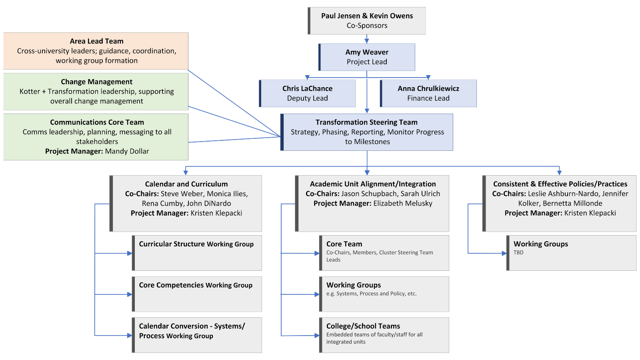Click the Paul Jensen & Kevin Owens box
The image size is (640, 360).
(x=366, y=21)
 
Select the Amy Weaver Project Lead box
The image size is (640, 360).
(x=366, y=57)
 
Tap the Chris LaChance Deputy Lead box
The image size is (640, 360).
(x=307, y=94)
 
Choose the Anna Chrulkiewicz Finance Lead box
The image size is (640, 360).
(x=428, y=94)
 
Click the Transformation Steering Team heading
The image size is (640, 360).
(x=366, y=122)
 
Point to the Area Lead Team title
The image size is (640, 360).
(x=96, y=41)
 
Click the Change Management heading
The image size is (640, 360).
(x=96, y=82)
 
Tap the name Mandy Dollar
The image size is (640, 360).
(x=127, y=151)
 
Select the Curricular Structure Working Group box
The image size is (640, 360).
(x=197, y=253)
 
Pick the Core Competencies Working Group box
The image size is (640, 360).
(x=197, y=294)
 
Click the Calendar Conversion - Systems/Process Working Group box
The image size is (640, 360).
(x=197, y=335)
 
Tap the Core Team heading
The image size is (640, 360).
(x=344, y=244)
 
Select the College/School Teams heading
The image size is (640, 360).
(x=363, y=326)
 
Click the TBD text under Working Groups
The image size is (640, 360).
(x=518, y=252)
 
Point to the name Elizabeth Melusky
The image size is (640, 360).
(x=402, y=204)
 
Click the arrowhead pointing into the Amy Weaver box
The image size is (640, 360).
(x=366, y=41)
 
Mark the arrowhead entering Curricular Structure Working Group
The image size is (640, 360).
(x=130, y=253)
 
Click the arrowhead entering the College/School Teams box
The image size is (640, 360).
(x=317, y=336)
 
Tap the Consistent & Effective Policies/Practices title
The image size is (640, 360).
(x=560, y=184)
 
